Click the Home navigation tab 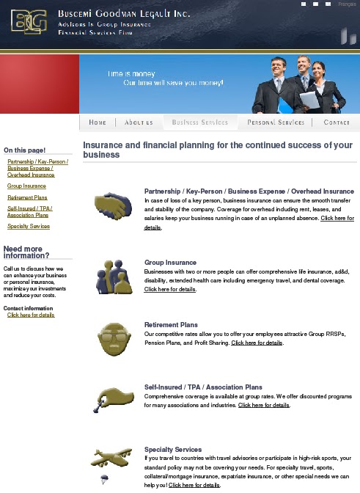tap(98, 123)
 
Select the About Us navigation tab tap(139, 123)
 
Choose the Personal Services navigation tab tap(276, 123)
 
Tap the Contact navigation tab tap(337, 123)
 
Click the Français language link tap(347, 4)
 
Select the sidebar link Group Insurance tap(26, 186)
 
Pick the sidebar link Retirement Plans tap(27, 197)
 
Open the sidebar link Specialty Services tap(29, 227)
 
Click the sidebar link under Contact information tap(31, 315)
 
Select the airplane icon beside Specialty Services tap(111, 459)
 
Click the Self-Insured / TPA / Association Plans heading tap(203, 387)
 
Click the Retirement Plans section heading tap(171, 324)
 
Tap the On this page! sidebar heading tap(24, 150)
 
